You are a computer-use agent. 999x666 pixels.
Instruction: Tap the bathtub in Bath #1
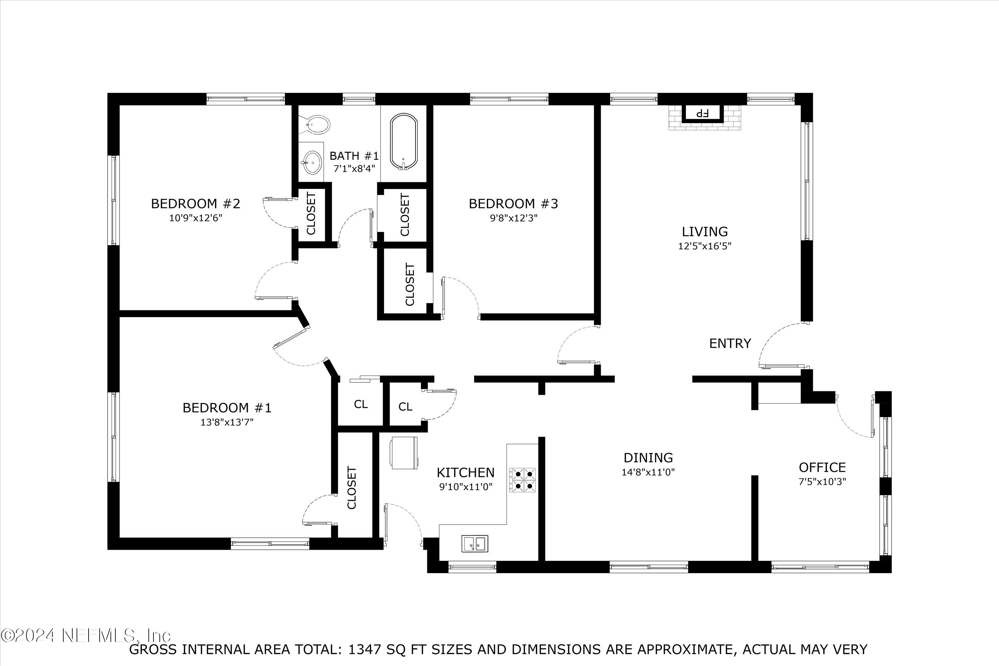(404, 142)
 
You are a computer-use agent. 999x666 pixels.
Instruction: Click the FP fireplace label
(702, 113)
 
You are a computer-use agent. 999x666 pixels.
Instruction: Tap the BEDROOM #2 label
(195, 203)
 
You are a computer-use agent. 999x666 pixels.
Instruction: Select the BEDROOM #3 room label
(513, 203)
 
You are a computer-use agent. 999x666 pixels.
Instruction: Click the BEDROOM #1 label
(227, 408)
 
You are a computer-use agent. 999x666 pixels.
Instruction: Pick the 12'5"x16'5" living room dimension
(705, 246)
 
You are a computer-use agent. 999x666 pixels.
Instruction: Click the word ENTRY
(730, 343)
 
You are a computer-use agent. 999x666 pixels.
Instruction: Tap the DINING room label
(648, 458)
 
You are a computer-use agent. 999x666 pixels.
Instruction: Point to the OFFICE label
(822, 467)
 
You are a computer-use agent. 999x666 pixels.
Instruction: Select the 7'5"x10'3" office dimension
(822, 482)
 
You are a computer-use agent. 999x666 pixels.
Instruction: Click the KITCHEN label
(466, 472)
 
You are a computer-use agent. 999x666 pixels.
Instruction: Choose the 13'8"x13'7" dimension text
(227, 422)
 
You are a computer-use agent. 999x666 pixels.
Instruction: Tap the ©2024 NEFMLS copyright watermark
(86, 635)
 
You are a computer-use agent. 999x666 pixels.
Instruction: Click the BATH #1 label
(354, 156)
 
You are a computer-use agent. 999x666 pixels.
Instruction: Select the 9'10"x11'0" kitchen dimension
(466, 487)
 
